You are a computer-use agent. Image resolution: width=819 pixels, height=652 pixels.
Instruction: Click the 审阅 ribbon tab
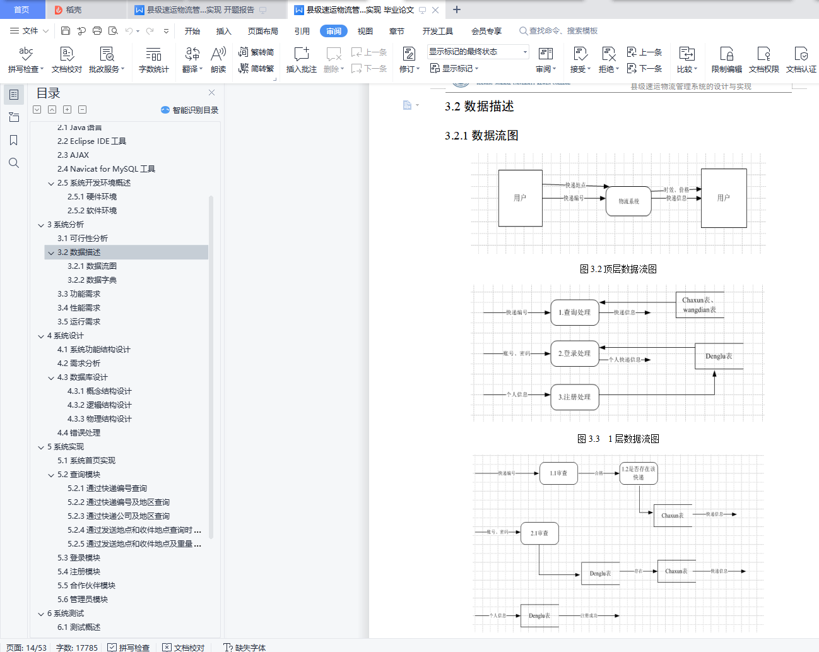(333, 31)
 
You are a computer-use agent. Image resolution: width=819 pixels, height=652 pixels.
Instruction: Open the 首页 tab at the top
(21, 9)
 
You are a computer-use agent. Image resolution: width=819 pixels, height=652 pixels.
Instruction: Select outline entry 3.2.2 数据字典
(92, 280)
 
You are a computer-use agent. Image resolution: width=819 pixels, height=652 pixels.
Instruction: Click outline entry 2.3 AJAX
(73, 155)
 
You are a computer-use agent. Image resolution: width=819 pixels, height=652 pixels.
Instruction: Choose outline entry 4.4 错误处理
(79, 432)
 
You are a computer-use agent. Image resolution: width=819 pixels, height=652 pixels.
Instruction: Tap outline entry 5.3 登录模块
(79, 557)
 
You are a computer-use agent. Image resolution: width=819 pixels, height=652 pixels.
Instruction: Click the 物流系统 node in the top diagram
(628, 201)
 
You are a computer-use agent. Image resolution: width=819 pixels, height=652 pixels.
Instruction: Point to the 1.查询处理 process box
(574, 312)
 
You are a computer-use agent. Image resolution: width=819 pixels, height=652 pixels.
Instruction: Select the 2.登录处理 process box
(574, 353)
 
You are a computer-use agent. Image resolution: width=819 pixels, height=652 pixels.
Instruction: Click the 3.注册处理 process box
(574, 397)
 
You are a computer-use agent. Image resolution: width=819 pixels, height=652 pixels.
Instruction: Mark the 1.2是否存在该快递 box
(639, 473)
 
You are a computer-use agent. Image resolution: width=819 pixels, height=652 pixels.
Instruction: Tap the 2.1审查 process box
(539, 533)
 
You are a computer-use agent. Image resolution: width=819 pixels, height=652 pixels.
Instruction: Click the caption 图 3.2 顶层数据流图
(618, 269)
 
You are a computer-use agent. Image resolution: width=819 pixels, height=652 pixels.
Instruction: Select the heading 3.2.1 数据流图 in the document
(481, 136)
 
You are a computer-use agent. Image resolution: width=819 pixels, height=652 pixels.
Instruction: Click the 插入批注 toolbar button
(302, 59)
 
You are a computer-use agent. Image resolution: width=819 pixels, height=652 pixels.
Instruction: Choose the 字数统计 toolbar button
(153, 59)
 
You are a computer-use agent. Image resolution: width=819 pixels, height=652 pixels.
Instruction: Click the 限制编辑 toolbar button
(726, 59)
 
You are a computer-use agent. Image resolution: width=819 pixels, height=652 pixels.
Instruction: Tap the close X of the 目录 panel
(211, 93)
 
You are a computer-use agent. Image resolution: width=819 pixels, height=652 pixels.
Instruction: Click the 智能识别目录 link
(190, 110)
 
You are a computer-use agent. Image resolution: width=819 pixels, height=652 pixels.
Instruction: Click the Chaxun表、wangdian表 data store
(699, 305)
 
